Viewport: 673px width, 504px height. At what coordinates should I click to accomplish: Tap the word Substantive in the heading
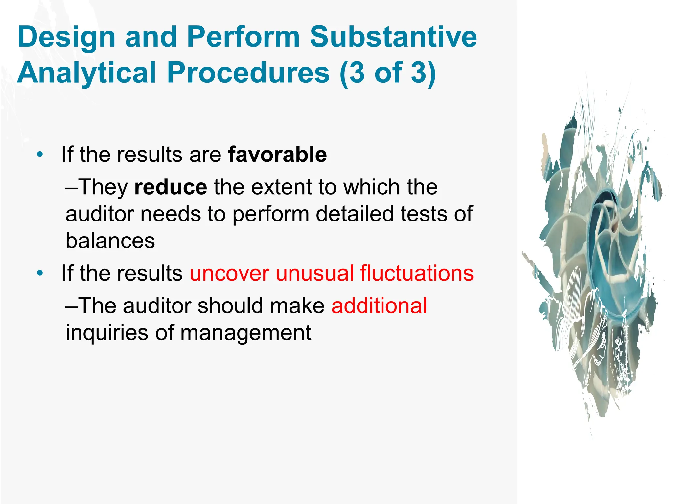coord(393,37)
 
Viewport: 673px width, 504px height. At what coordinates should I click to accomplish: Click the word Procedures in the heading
coord(248,73)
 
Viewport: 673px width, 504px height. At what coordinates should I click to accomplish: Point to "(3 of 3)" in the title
coord(388,73)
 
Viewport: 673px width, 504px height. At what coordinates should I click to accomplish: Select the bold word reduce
coord(171,187)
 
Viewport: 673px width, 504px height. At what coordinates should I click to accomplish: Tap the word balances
coord(110,241)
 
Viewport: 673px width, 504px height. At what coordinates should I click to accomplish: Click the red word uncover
coord(229,273)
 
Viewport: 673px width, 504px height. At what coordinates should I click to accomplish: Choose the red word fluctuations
coord(417,273)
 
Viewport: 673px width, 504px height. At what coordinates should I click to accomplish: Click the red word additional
coord(379,306)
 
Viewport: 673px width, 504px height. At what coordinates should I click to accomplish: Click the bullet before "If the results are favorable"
coord(40,154)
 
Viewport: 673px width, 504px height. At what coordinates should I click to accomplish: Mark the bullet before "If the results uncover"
coord(40,273)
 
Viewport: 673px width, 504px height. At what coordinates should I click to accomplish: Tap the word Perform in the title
coord(243,37)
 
